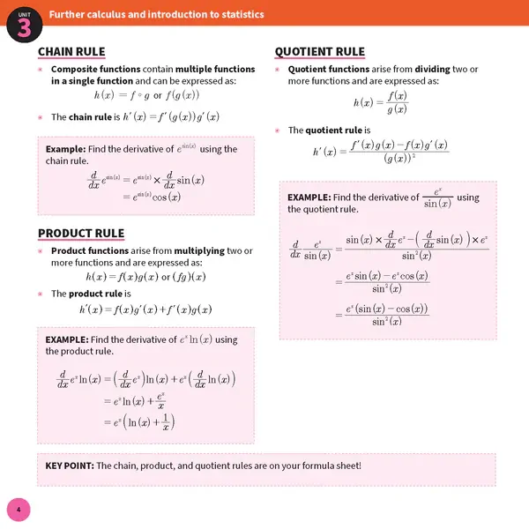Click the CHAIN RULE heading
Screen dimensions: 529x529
(71, 51)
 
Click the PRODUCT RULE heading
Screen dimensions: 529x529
(80, 234)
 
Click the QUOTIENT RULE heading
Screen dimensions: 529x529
(319, 51)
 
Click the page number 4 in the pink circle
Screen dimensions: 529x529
(18, 510)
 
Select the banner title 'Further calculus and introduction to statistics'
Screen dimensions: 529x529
(155, 15)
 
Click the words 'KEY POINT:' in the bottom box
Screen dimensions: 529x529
(70, 466)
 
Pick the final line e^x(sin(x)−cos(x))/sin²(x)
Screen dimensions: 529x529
(382, 315)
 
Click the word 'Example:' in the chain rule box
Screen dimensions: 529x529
(66, 149)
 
